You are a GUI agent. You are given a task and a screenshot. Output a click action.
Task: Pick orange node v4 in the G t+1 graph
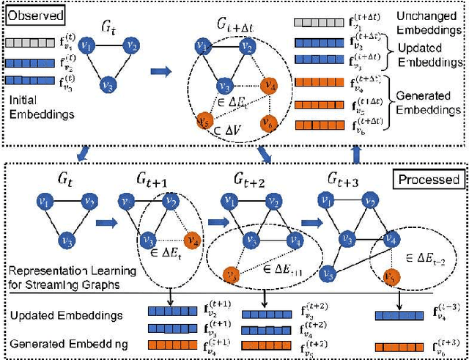[193, 239]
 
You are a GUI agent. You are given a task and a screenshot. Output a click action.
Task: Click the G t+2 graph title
[248, 182]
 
